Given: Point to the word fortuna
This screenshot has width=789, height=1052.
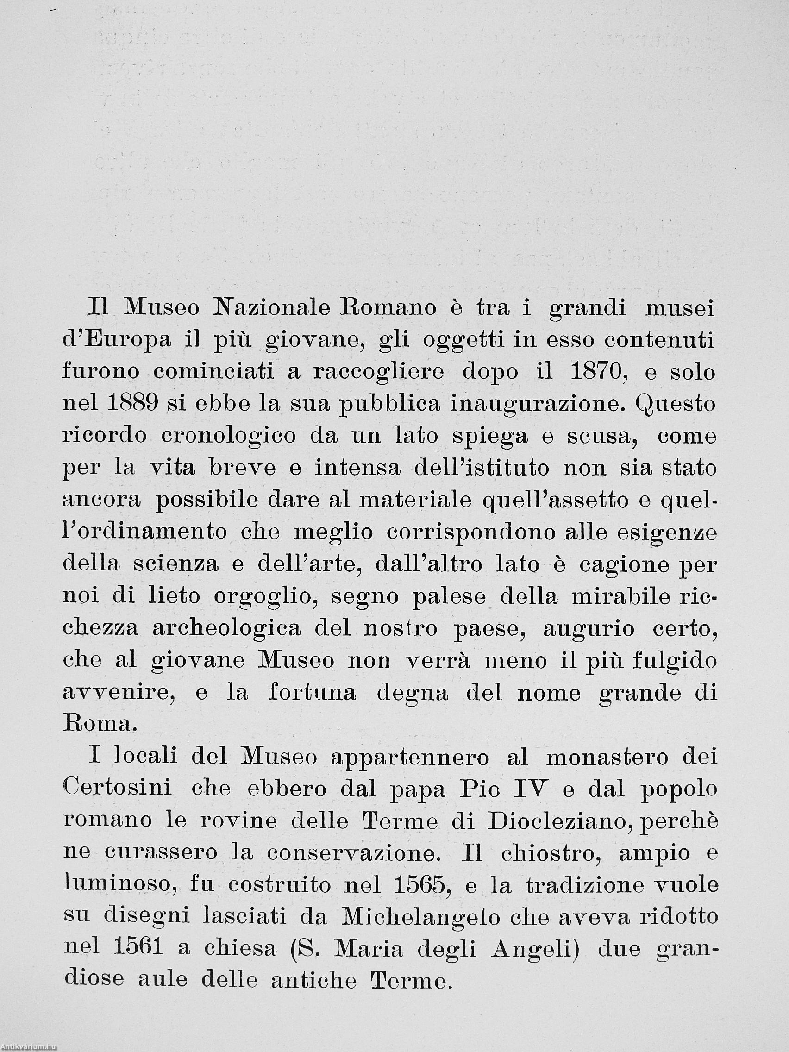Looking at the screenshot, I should (x=312, y=693).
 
